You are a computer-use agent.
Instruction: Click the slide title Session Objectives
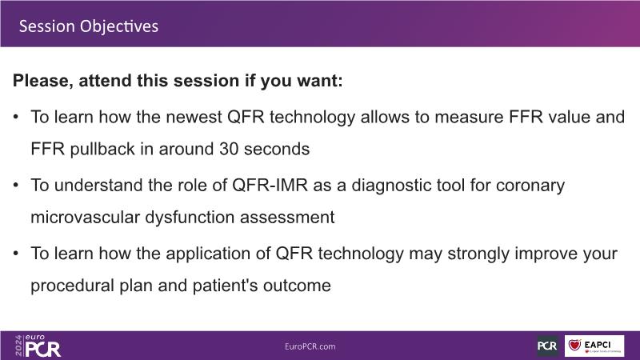(x=89, y=26)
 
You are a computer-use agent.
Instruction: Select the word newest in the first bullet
(x=194, y=117)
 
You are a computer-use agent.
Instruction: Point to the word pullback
(x=102, y=150)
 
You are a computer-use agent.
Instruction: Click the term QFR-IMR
(x=270, y=186)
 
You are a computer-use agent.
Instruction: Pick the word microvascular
(x=86, y=217)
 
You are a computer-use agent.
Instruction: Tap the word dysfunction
(x=190, y=218)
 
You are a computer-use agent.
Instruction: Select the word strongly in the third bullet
(x=478, y=254)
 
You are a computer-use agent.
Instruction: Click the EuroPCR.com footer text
(x=310, y=346)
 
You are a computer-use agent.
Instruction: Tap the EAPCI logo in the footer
(x=594, y=346)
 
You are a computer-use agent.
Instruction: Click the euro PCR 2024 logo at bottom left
(x=38, y=346)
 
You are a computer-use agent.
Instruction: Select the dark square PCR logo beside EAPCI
(x=547, y=346)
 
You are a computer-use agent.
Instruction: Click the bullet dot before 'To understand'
(x=16, y=186)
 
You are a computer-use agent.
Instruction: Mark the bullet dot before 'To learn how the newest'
(x=16, y=117)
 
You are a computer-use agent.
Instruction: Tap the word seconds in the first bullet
(x=276, y=150)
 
